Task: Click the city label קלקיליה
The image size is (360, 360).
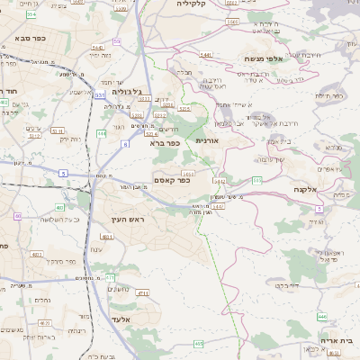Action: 191,4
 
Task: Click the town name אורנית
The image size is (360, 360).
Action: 208,140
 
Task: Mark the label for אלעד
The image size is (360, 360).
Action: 145,319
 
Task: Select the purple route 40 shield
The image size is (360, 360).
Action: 19,216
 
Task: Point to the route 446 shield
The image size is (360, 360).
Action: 322,316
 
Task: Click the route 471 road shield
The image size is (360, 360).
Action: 142,292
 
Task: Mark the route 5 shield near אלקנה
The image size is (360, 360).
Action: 319,209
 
